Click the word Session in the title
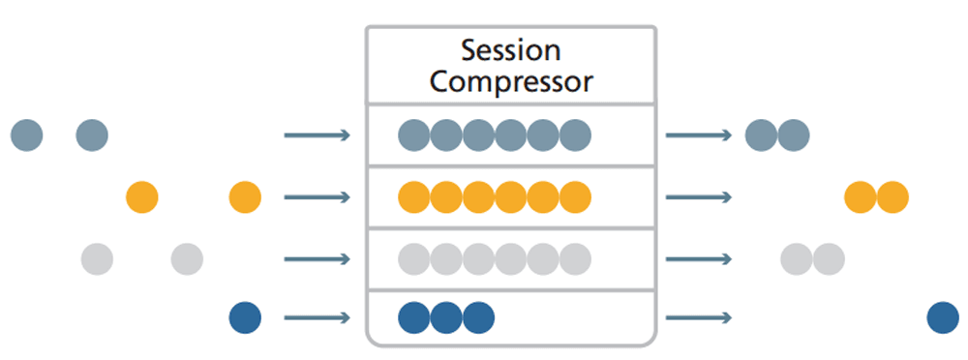510,49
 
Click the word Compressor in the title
510,80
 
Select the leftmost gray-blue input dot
27,135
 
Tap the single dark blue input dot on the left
245,317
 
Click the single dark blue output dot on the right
942,317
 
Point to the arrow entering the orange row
317,197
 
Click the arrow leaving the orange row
698,197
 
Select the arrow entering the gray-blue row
317,135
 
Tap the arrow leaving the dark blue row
698,317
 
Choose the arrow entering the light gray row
317,258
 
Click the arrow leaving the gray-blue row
698,135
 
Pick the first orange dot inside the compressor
414,197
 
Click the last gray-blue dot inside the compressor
575,135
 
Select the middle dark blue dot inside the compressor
446,317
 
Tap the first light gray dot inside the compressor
414,258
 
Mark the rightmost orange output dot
892,197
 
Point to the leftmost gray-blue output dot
761,135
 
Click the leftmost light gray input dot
97,258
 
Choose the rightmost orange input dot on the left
245,197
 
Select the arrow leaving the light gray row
698,258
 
